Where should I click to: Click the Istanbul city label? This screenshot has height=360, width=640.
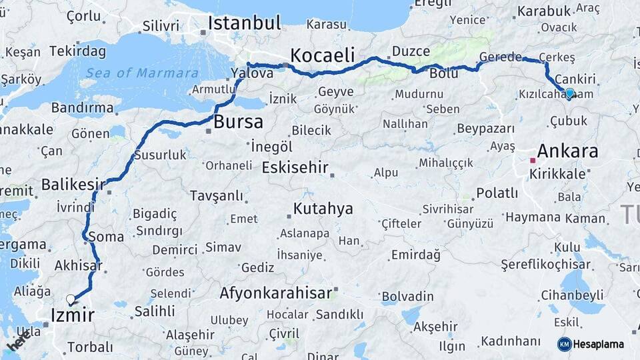click(244, 23)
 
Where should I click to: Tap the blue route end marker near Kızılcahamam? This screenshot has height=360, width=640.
click(569, 93)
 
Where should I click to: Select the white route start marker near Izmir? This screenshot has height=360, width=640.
click(71, 299)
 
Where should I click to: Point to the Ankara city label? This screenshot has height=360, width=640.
click(567, 151)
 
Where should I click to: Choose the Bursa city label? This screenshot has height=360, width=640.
click(238, 122)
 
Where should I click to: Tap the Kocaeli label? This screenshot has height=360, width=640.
click(322, 55)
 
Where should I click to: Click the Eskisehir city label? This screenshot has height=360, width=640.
click(295, 167)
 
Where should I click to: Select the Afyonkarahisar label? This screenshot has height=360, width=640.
click(275, 293)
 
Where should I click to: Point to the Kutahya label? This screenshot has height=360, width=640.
click(323, 209)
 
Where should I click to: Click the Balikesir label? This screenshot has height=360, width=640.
click(73, 183)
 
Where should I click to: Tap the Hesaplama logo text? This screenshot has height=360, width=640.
click(599, 344)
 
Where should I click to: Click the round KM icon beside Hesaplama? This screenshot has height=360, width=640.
click(564, 344)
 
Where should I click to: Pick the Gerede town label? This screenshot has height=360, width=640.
click(500, 57)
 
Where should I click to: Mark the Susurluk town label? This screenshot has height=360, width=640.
click(160, 155)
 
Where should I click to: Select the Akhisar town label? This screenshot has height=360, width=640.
click(78, 265)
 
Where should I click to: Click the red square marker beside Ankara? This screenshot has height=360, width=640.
click(532, 160)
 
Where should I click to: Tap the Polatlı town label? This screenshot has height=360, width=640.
click(497, 193)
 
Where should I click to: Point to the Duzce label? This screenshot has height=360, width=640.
click(411, 51)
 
